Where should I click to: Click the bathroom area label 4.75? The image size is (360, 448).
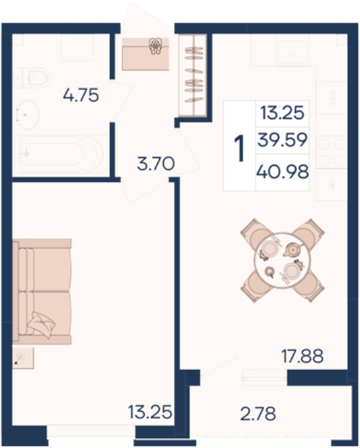point(81,95)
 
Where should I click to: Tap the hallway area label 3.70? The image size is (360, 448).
point(155,164)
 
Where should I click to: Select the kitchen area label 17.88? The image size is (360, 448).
point(302,356)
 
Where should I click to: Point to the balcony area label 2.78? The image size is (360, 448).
point(258,413)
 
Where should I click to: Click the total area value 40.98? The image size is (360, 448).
point(283,172)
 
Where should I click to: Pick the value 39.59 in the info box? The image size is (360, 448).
point(283,140)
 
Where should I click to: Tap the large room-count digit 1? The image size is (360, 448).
point(240,148)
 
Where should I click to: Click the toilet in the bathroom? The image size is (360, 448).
point(32,77)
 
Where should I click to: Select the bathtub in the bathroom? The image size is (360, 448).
point(61,154)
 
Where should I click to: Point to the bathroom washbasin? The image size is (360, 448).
point(27,115)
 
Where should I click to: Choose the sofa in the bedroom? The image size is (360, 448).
point(42,291)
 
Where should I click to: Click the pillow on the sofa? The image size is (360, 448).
point(42,324)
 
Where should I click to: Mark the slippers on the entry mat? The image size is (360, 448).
point(155,46)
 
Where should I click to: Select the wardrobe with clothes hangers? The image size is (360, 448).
point(193,75)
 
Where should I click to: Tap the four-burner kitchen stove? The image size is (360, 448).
point(331,152)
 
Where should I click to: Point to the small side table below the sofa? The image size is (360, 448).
point(23,358)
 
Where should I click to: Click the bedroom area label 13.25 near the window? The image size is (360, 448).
point(150,412)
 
